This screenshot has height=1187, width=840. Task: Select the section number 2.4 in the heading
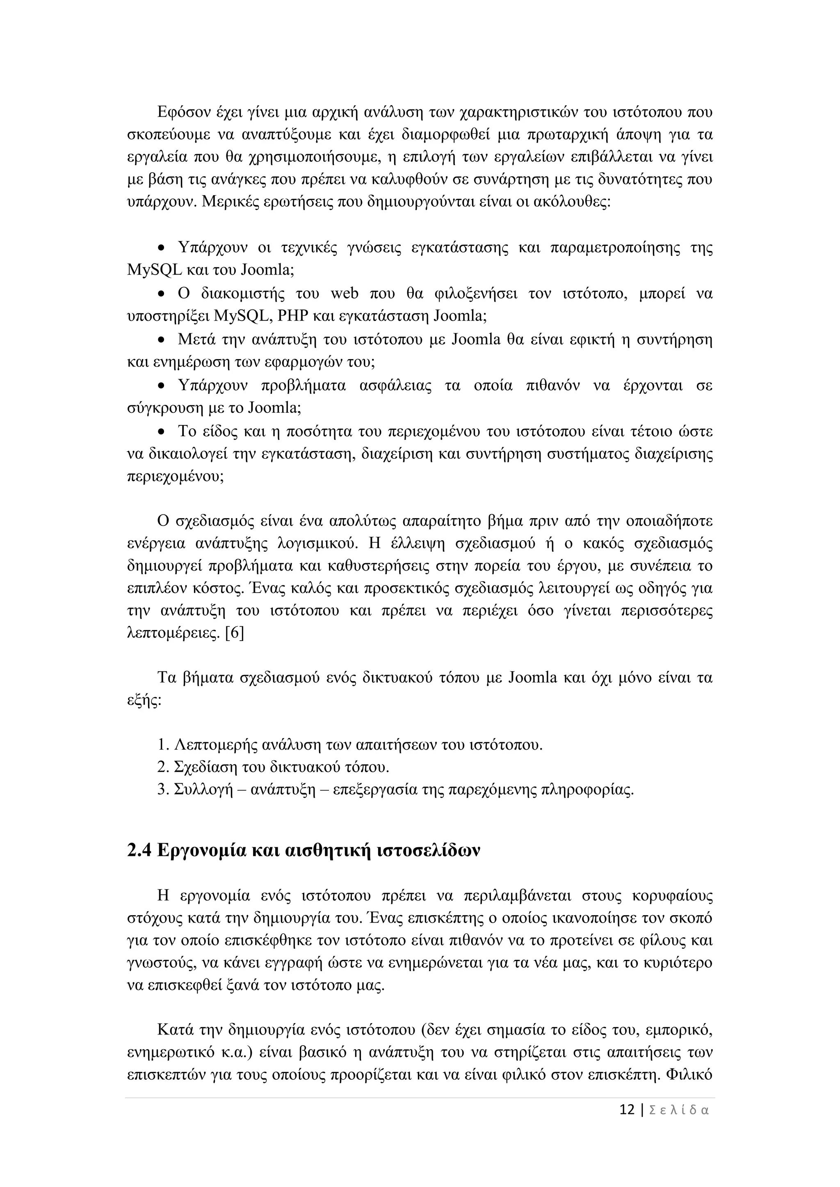click(x=139, y=850)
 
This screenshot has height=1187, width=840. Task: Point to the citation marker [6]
click(x=234, y=633)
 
